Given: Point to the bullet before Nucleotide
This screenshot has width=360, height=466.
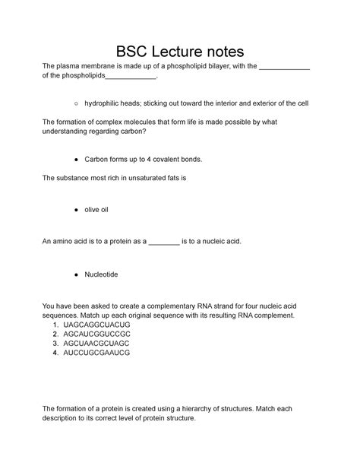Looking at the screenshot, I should [x=77, y=273].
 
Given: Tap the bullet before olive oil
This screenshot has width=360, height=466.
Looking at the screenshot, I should [x=77, y=208].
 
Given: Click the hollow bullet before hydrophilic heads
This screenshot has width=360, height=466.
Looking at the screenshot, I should [x=77, y=103].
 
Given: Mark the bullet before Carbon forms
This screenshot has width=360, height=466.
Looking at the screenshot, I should [x=77, y=160].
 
